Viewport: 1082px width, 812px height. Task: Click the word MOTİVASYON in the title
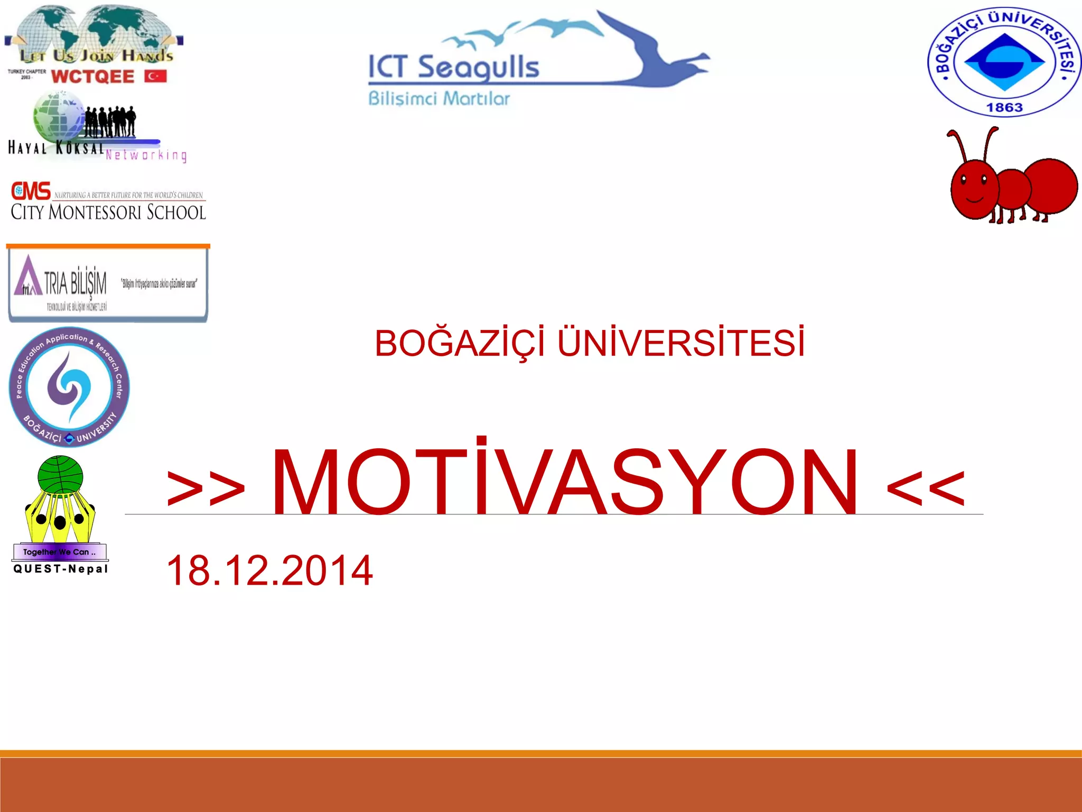[x=564, y=481]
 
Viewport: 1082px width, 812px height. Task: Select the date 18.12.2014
[x=269, y=570]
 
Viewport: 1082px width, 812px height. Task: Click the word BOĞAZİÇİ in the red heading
[x=459, y=344]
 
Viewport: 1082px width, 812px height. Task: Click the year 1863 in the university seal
[x=1004, y=107]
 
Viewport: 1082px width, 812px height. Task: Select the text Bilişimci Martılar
[x=439, y=99]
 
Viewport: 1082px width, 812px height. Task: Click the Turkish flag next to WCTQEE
[x=155, y=76]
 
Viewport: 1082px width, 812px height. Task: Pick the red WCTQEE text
[x=93, y=77]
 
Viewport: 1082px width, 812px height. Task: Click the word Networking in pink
[x=146, y=155]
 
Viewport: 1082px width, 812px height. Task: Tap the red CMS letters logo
[x=31, y=191]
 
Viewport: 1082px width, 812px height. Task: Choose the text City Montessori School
[x=108, y=212]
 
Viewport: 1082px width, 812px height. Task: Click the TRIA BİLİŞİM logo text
[x=76, y=283]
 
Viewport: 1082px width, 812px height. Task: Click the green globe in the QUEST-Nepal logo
[x=60, y=474]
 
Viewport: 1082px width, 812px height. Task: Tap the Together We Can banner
[x=60, y=552]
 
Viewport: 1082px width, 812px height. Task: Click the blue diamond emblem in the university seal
[x=1004, y=62]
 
